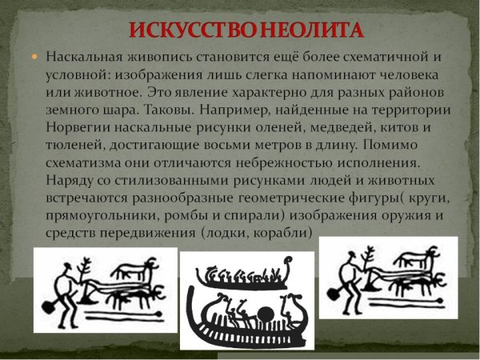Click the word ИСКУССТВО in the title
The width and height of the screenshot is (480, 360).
tap(187, 31)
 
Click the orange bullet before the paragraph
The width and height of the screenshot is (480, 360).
tap(34, 58)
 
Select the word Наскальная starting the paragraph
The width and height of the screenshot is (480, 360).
tap(84, 58)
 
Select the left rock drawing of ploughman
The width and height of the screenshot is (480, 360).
tap(105, 290)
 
